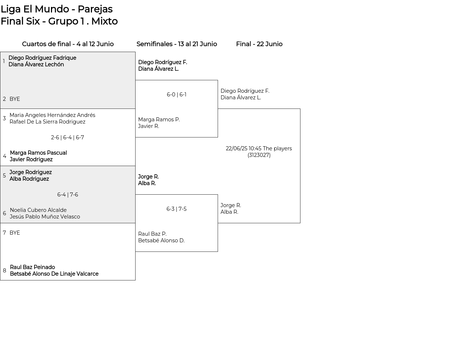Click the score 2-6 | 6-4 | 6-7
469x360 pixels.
[x=67, y=137]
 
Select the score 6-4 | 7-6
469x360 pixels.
[x=67, y=195]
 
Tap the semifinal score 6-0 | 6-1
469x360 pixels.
[x=176, y=95]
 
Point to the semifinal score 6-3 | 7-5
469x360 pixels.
[x=176, y=209]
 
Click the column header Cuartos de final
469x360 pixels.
[x=47, y=44]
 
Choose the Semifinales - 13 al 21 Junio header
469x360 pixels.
[x=177, y=44]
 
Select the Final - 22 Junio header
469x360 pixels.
[x=259, y=44]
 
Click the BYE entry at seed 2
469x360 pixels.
[x=15, y=99]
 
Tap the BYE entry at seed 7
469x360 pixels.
[x=15, y=232]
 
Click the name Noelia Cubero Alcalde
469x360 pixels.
[x=38, y=210]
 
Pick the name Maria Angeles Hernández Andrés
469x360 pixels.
[x=52, y=115]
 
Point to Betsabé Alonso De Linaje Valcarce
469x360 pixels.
[x=54, y=273]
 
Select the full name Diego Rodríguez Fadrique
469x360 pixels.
[x=42, y=58]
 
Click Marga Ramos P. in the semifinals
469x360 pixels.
[x=159, y=120]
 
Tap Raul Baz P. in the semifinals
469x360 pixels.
[x=152, y=234]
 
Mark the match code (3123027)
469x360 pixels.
[x=259, y=155]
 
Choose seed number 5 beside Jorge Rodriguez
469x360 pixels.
[x=4, y=175]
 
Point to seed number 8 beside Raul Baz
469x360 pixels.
[x=4, y=271]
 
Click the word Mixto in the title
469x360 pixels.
[x=104, y=21]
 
